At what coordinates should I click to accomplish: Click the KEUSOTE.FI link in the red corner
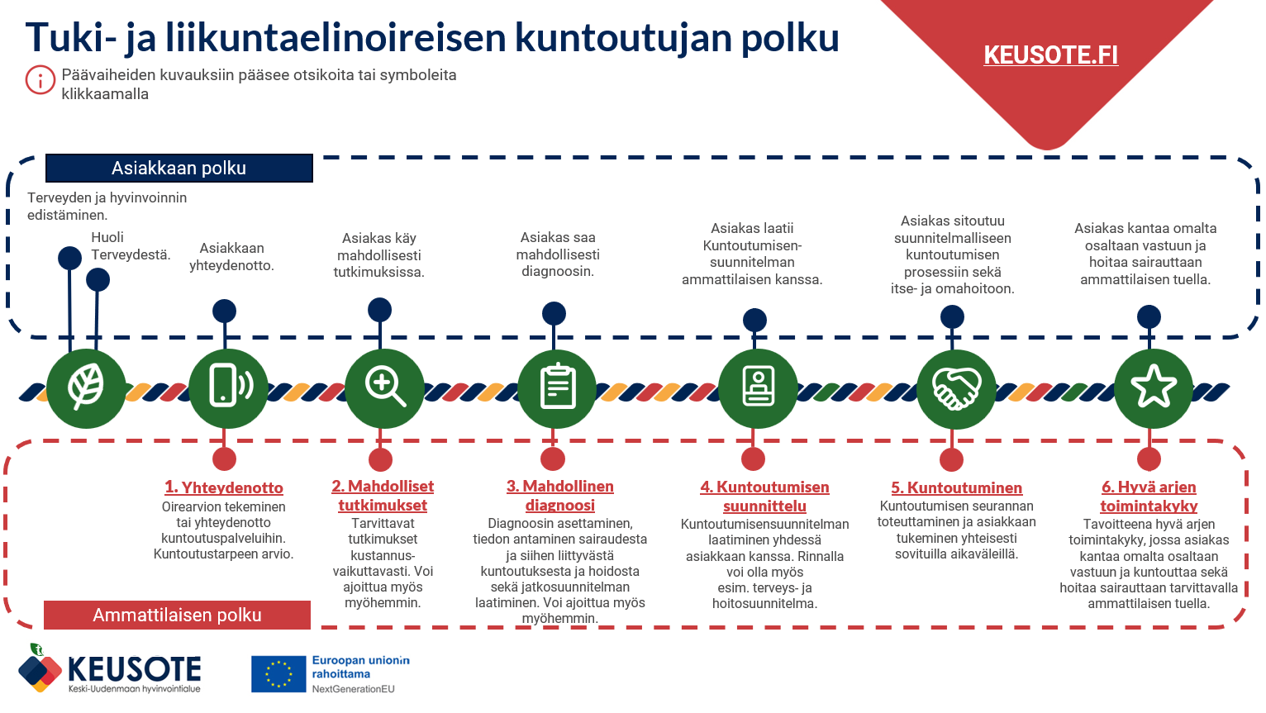[1050, 55]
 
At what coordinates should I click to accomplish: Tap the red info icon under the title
[40, 80]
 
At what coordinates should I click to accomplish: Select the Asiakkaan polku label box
[178, 168]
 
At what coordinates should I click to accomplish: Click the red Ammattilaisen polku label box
[177, 615]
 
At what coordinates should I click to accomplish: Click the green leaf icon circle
[86, 387]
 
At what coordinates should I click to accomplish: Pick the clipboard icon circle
[557, 387]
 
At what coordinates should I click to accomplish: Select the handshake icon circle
[956, 387]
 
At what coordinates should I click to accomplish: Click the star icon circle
[1153, 387]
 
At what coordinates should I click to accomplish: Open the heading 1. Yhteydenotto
[224, 487]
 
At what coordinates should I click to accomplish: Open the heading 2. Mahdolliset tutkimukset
[383, 496]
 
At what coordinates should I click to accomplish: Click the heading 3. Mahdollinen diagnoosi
[560, 496]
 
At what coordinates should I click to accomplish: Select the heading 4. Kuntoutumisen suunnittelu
[764, 497]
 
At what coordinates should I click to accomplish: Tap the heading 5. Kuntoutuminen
[956, 487]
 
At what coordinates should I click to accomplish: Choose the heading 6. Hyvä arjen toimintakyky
[1149, 497]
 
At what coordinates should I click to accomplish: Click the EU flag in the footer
[278, 674]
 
